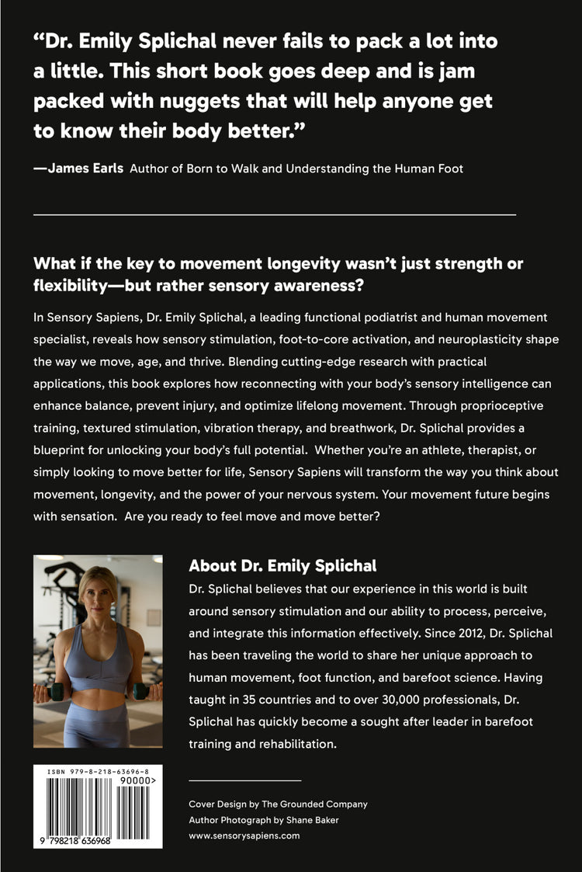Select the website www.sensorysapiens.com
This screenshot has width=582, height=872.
(x=244, y=836)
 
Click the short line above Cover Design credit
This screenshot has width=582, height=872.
(x=244, y=780)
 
